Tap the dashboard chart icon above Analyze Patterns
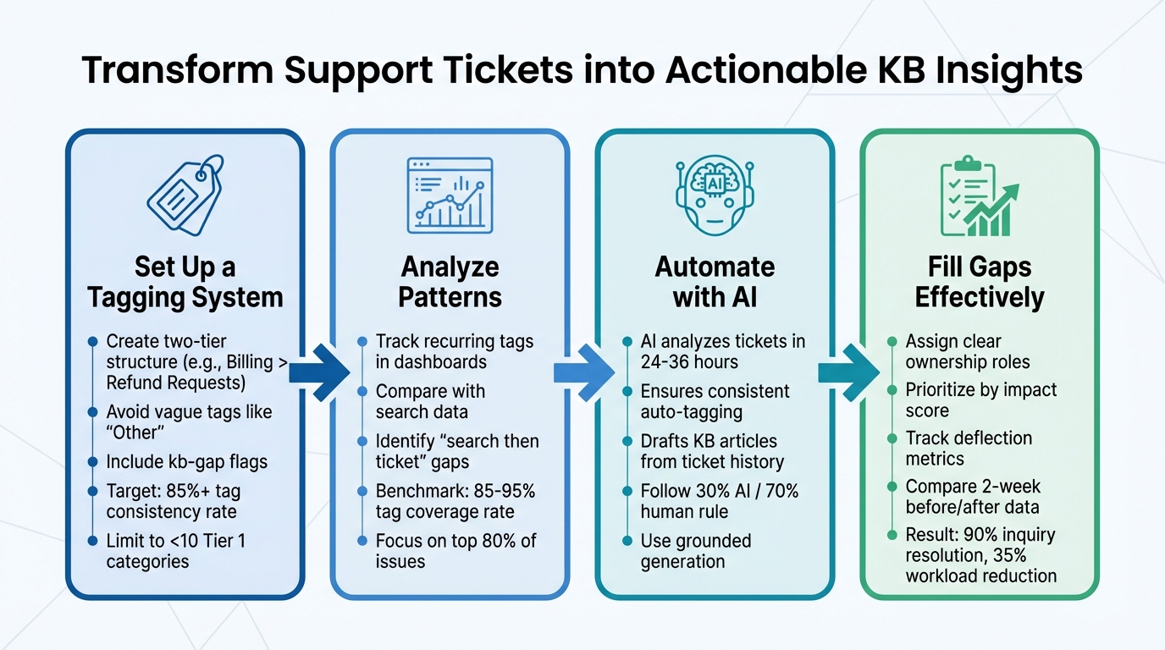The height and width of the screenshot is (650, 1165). pyautogui.click(x=450, y=195)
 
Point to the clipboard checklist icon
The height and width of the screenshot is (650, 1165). pyautogui.click(x=979, y=196)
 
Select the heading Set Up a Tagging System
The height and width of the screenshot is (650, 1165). pyautogui.click(x=185, y=282)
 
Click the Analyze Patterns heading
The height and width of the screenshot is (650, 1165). pyautogui.click(x=450, y=282)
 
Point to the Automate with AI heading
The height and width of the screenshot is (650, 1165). pyautogui.click(x=715, y=282)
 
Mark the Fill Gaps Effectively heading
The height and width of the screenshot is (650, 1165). pyautogui.click(x=980, y=282)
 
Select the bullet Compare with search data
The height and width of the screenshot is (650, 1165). pyautogui.click(x=430, y=402)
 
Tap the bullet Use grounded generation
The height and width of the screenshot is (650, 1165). pyautogui.click(x=695, y=551)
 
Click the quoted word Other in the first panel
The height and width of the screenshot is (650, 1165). pyautogui.click(x=134, y=433)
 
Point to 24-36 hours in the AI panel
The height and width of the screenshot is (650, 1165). pyautogui.click(x=688, y=362)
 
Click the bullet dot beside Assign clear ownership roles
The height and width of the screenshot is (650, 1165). pyautogui.click(x=892, y=341)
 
